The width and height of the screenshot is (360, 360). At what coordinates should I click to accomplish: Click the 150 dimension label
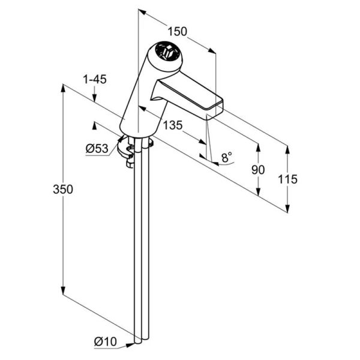tap(177, 31)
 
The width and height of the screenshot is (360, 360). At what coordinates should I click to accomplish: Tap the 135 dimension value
tap(173, 125)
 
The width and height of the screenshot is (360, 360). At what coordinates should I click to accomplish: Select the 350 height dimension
tap(63, 190)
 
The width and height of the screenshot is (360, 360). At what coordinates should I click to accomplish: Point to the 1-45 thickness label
tap(95, 79)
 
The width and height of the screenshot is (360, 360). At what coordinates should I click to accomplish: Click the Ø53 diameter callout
tap(97, 149)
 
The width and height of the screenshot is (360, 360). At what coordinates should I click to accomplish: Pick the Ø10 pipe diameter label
tap(106, 341)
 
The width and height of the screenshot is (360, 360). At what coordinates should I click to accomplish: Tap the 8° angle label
tap(227, 157)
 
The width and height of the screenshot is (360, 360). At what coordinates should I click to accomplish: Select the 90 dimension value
tap(258, 170)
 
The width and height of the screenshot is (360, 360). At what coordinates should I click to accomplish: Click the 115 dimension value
tap(287, 179)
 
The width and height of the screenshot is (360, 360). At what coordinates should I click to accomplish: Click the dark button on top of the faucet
tap(166, 51)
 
